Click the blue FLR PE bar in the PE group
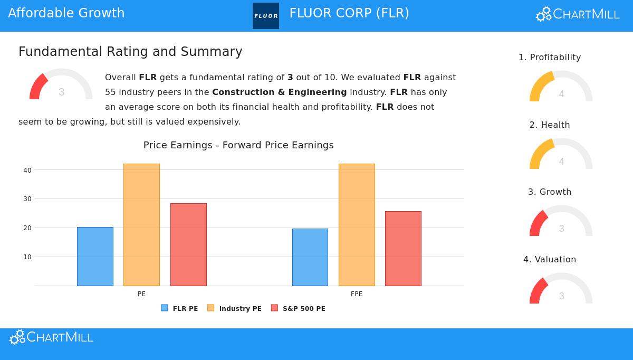tap(95, 257)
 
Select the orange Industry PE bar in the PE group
tap(141, 225)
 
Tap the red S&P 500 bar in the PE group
tap(188, 244)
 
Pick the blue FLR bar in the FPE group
tap(310, 257)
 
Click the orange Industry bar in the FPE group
tap(357, 225)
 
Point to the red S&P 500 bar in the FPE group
tap(403, 249)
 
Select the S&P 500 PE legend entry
tap(298, 308)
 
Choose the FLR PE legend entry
tap(180, 308)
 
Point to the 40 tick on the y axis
tap(27, 170)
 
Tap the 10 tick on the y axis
tap(27, 257)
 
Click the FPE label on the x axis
tap(357, 294)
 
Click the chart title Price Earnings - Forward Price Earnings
tap(238, 145)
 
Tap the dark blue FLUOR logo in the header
tap(266, 16)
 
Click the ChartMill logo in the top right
tap(578, 14)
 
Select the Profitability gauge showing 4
tap(561, 87)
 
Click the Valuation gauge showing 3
tap(561, 289)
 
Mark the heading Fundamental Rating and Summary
tap(130, 52)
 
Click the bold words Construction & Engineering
tap(279, 92)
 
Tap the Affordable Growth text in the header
tap(66, 13)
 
